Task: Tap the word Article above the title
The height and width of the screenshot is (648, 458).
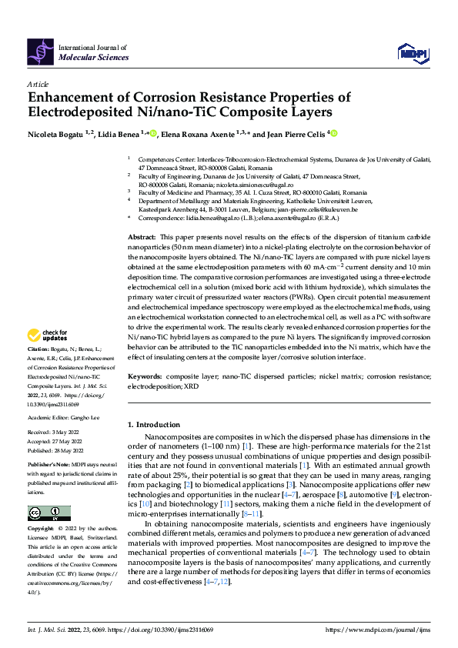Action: tap(38, 84)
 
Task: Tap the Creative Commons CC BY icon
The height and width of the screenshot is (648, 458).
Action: tap(48, 513)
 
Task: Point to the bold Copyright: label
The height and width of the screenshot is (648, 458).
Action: tap(42, 529)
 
